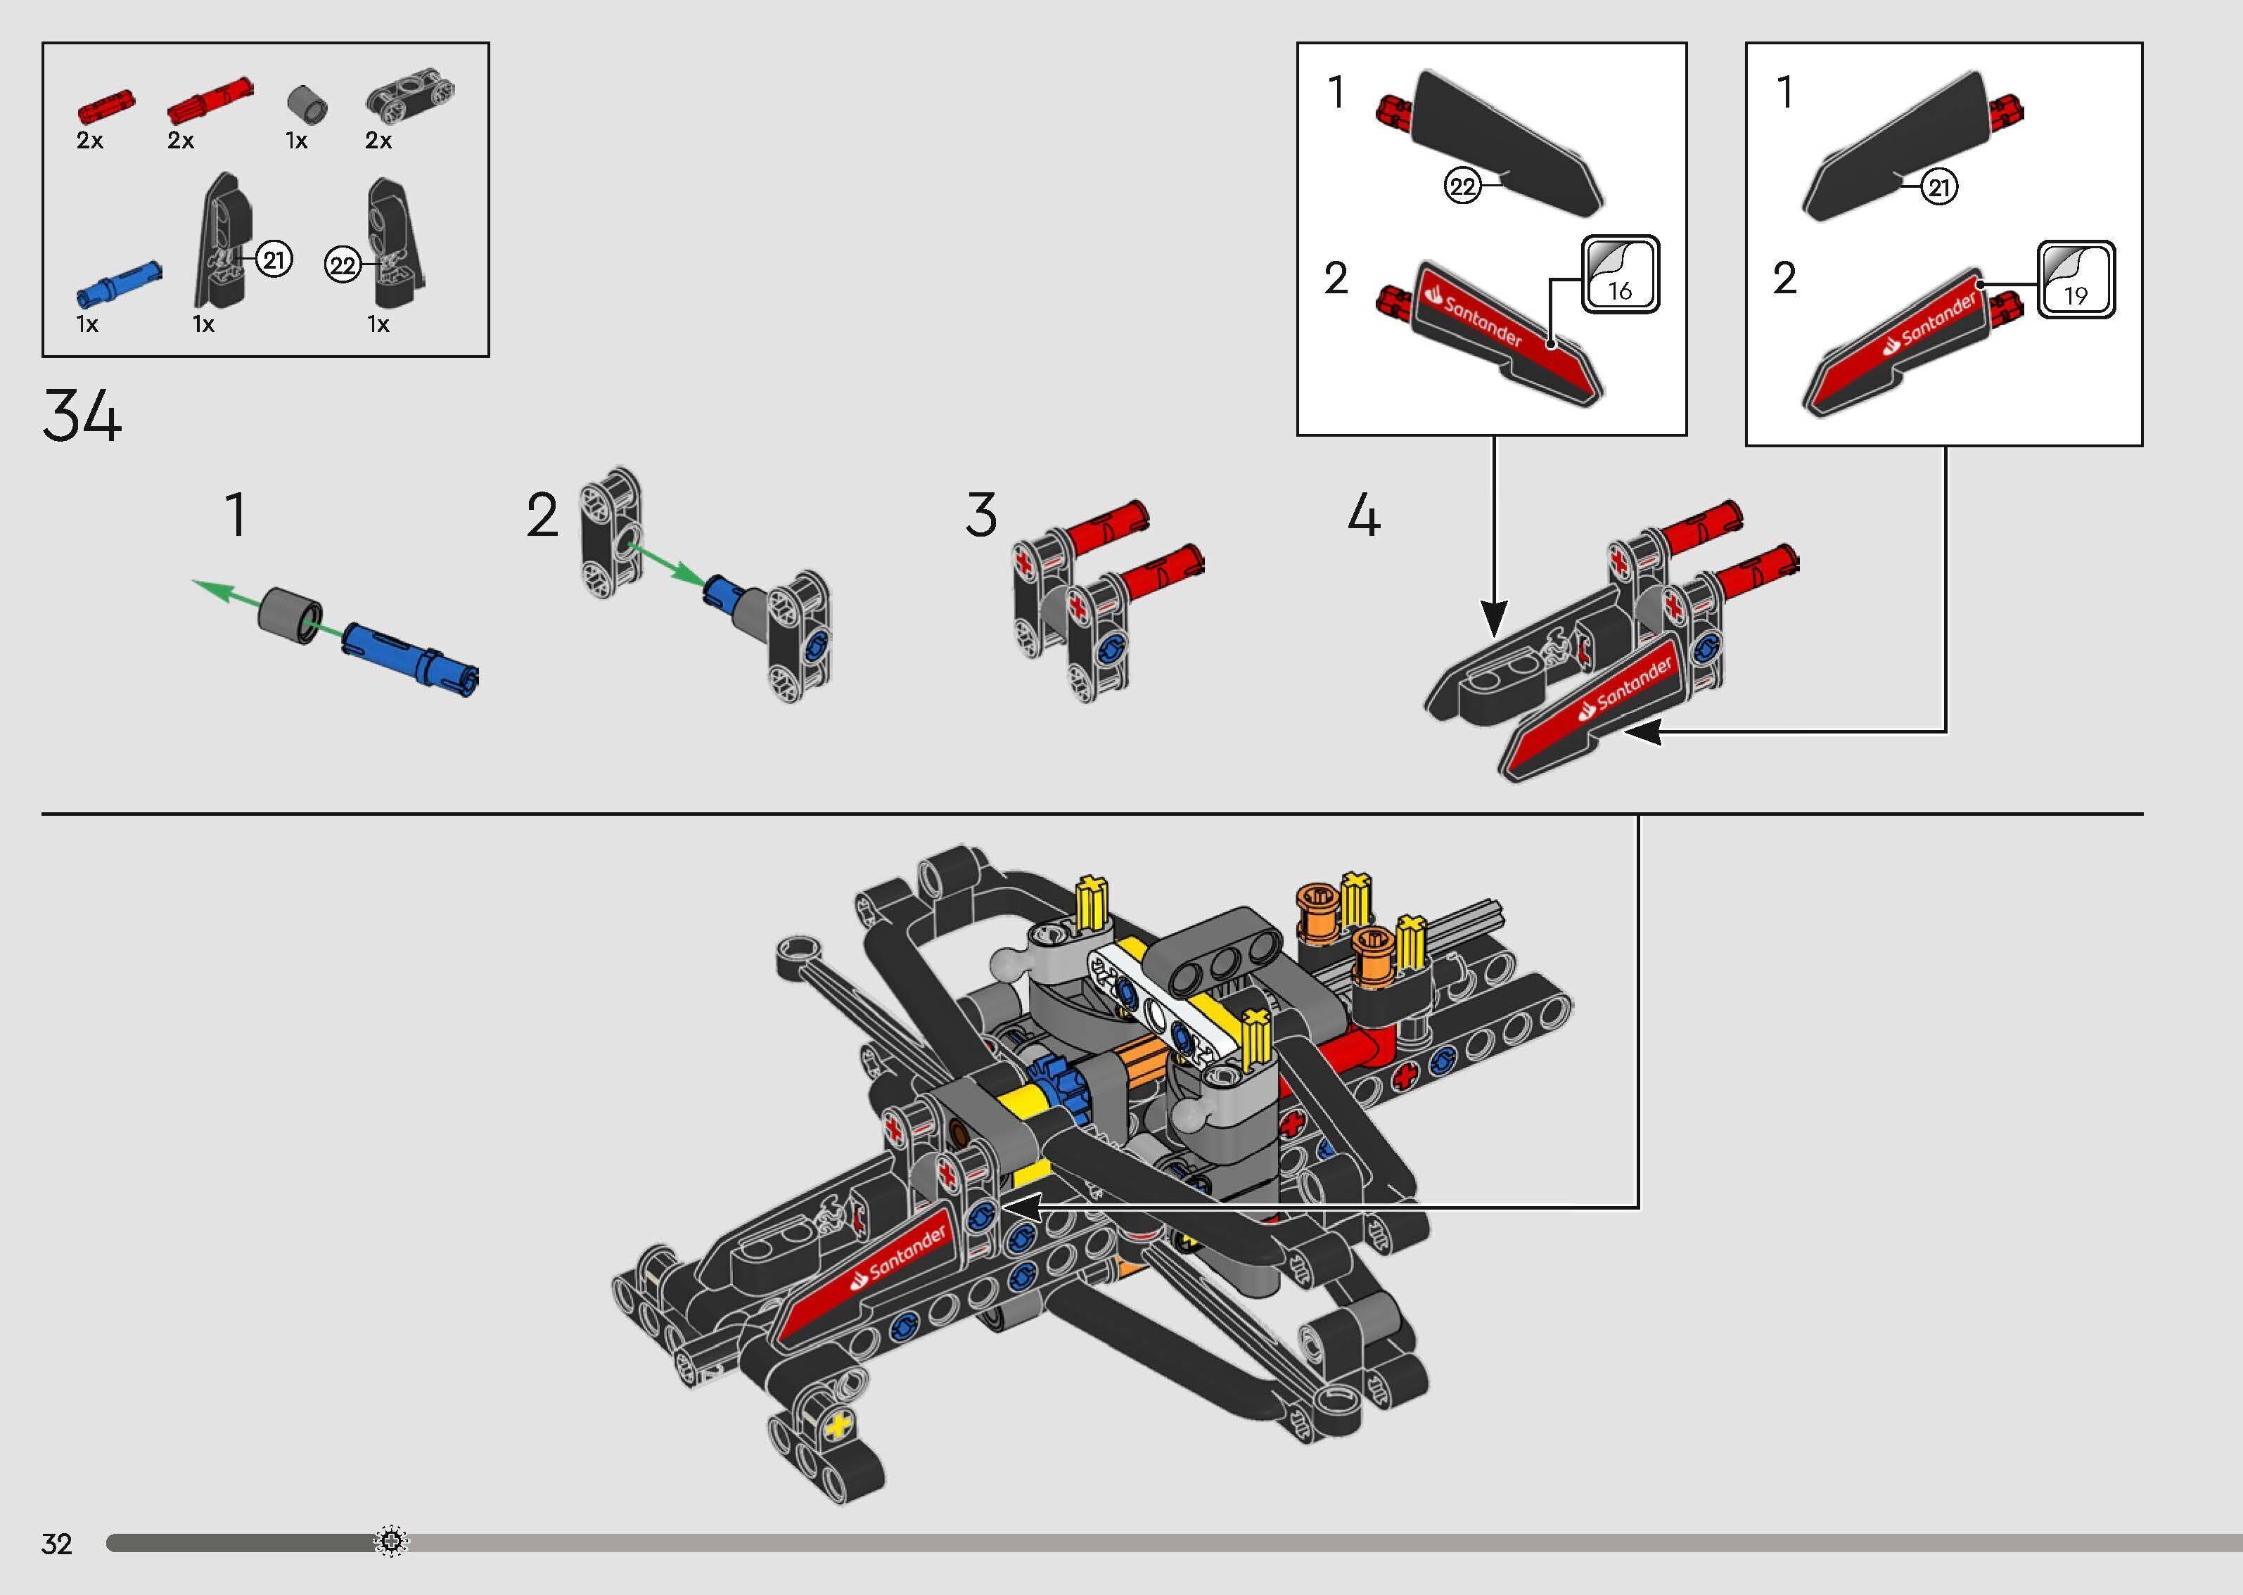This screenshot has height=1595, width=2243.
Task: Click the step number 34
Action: [x=82, y=416]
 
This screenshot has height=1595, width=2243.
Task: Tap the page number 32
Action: [x=57, y=1544]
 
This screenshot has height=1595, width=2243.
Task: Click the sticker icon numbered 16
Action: [x=1621, y=275]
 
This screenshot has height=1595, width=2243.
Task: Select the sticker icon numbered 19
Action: [x=2075, y=281]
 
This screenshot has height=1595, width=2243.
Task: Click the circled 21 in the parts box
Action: [x=274, y=260]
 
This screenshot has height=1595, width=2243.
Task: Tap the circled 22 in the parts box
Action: [x=342, y=265]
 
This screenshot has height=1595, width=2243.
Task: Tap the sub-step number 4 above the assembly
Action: [x=1363, y=515]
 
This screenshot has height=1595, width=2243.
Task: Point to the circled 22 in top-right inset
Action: [x=1462, y=186]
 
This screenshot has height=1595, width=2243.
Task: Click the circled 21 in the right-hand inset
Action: [x=1938, y=186]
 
